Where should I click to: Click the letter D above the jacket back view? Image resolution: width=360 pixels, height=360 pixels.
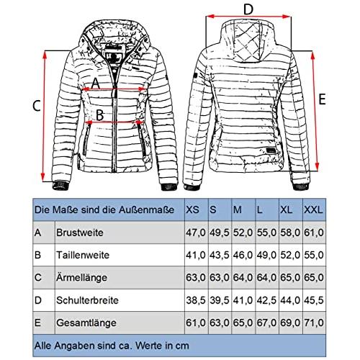[248, 9]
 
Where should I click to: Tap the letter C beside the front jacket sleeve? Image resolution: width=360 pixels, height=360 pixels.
[37, 106]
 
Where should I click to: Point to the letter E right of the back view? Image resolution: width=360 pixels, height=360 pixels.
[322, 99]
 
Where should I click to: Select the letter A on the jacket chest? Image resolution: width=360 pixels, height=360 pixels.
[95, 83]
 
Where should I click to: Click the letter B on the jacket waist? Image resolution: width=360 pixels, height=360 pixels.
[99, 114]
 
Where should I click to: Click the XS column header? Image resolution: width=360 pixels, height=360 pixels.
[192, 210]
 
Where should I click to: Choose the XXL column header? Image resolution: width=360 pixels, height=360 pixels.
[313, 210]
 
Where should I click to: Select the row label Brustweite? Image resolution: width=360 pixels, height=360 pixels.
[80, 233]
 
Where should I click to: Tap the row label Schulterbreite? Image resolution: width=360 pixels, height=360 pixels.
[87, 300]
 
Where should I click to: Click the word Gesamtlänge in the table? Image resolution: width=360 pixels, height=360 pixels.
[86, 323]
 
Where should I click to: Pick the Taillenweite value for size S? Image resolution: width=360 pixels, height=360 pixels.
[220, 255]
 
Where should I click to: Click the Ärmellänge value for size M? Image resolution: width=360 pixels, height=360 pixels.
[243, 277]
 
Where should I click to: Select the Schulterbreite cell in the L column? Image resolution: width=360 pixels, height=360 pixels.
[266, 300]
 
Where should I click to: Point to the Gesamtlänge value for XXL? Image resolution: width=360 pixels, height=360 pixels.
[314, 323]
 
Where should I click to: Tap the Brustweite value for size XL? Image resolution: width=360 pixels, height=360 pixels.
[290, 233]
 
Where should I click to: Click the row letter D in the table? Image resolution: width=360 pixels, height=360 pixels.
[38, 300]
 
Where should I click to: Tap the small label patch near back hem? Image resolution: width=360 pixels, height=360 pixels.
[271, 150]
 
